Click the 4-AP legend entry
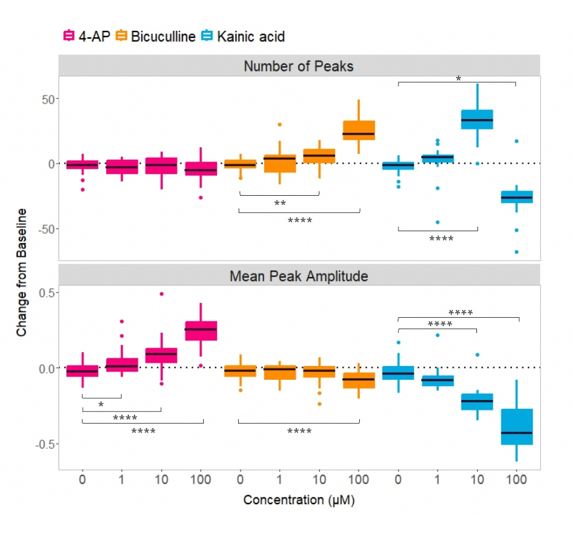(86, 37)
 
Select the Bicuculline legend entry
(155, 37)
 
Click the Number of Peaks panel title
(299, 66)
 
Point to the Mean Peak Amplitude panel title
(299, 276)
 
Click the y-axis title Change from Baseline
(21, 272)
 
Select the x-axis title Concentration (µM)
(299, 500)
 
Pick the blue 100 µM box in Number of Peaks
(517, 197)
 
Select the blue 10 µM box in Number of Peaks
(477, 119)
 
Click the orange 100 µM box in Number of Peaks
(359, 130)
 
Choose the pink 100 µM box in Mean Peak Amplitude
(201, 331)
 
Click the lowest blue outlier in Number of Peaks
(516, 252)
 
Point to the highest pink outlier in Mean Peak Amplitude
(161, 294)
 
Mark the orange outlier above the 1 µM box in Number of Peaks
(280, 125)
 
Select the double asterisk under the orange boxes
(280, 203)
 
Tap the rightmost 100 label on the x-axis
(517, 480)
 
